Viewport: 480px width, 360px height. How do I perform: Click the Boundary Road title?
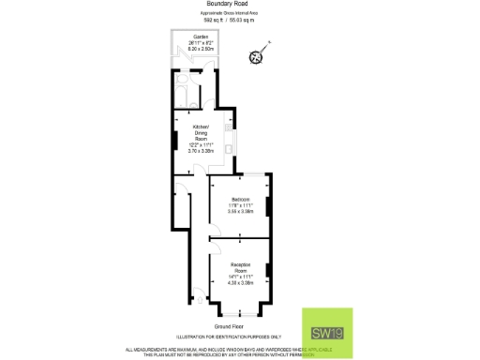point(239,4)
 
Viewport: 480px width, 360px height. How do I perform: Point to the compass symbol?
point(256,56)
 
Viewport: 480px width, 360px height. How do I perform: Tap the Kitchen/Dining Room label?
point(201,132)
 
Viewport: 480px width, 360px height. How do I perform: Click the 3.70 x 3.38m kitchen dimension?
point(201,150)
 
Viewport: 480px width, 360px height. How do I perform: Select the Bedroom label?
point(240,199)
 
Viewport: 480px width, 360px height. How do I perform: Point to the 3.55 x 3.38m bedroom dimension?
point(240,212)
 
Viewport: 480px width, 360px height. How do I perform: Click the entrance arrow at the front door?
point(198,293)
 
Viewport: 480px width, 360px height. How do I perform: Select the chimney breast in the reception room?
point(268,272)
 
